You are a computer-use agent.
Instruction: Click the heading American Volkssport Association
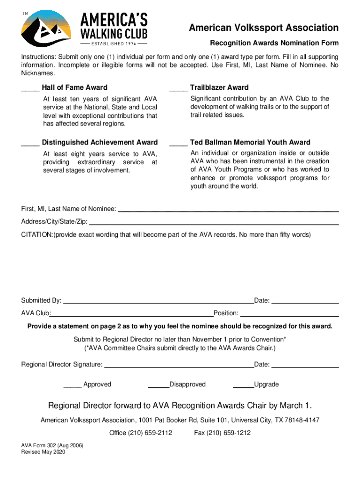[264, 28]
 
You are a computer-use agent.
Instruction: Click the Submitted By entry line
[158, 303]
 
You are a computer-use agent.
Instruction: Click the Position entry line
[289, 315]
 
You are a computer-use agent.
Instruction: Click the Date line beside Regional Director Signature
[305, 367]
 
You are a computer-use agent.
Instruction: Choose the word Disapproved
[187, 385]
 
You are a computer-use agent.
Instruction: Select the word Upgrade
[266, 385]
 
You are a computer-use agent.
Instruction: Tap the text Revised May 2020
[43, 452]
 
